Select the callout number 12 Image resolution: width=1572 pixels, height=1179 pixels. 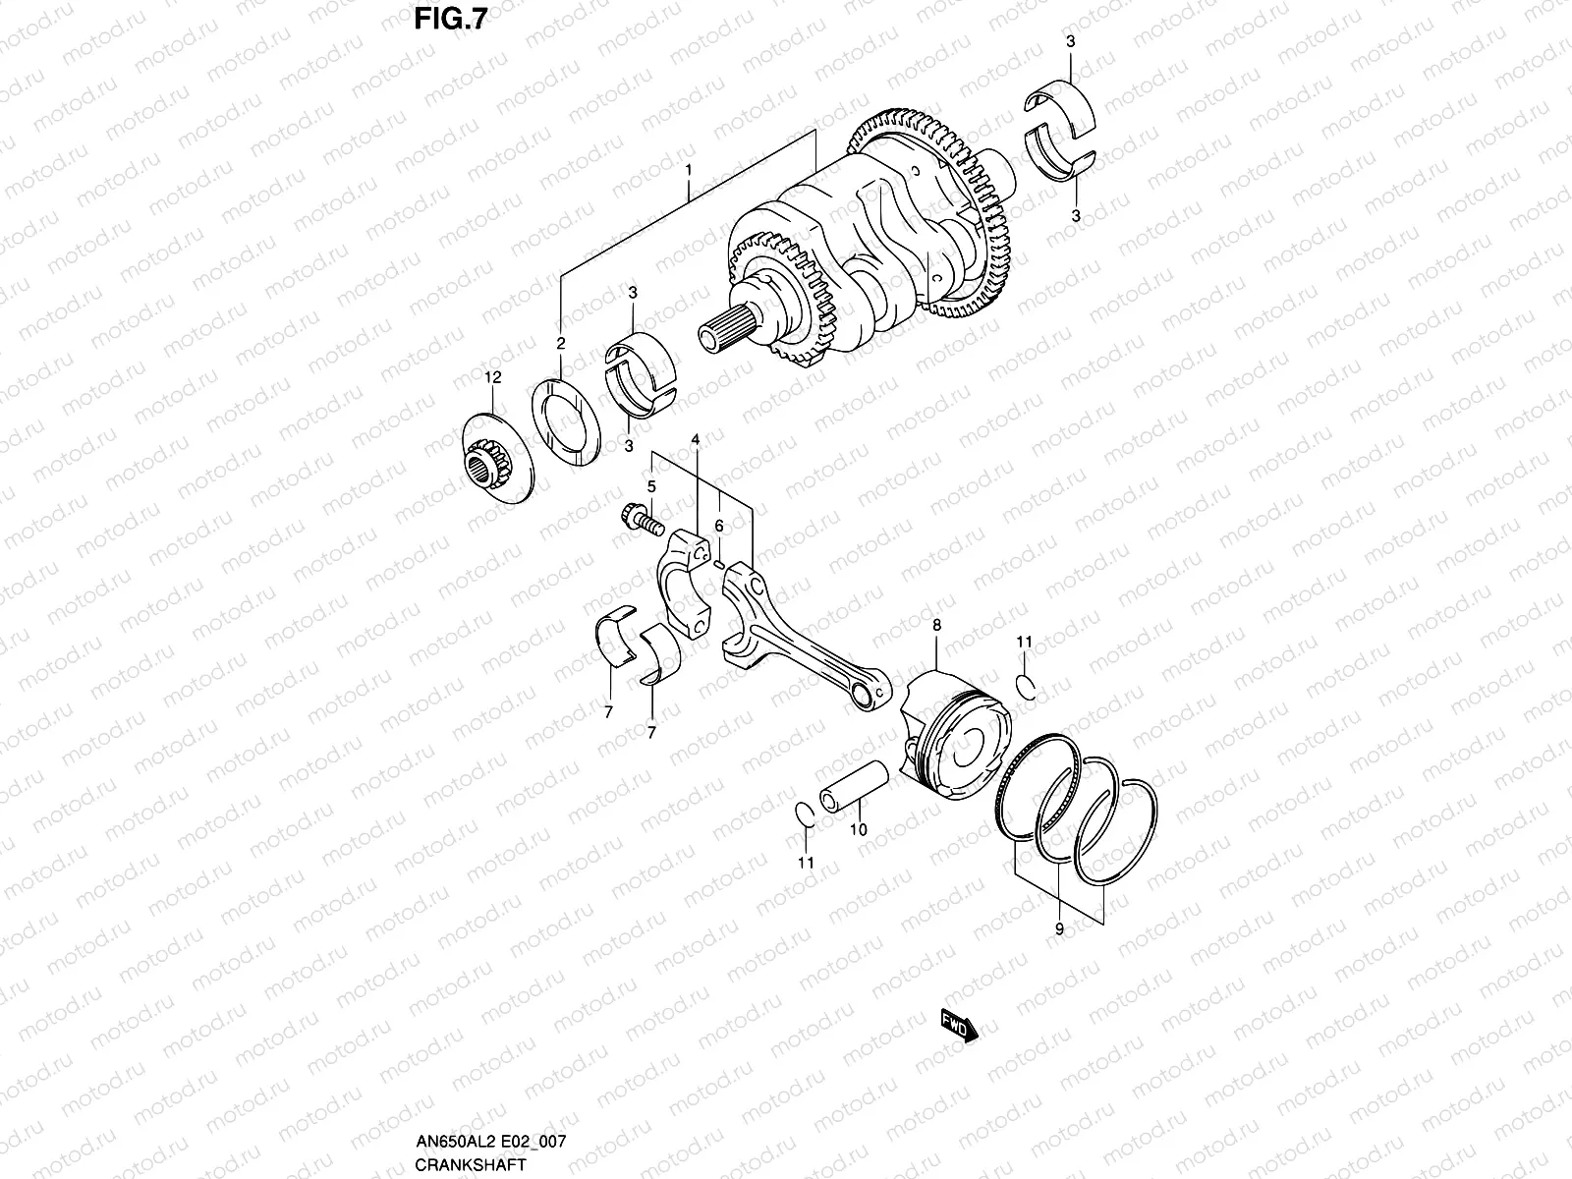[x=492, y=377]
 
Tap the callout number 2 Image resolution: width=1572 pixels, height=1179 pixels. [x=561, y=344]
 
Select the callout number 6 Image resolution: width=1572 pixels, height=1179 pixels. [x=719, y=527]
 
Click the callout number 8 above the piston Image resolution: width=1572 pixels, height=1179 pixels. [x=936, y=625]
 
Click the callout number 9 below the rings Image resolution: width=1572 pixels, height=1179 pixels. [x=1059, y=928]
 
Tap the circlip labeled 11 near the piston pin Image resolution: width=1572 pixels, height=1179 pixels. [x=803, y=814]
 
